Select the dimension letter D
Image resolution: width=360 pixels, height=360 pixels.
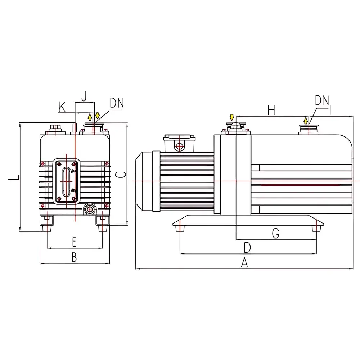(x=247, y=248)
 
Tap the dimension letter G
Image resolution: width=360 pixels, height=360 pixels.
(x=275, y=234)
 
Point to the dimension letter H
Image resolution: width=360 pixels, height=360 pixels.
(x=271, y=111)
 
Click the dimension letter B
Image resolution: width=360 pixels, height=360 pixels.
(x=74, y=257)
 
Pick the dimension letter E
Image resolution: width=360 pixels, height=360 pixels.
(x=74, y=242)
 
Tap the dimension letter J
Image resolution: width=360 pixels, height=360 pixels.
(x=84, y=96)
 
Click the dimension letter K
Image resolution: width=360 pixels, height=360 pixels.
(x=62, y=107)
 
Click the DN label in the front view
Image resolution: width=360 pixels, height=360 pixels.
(x=117, y=104)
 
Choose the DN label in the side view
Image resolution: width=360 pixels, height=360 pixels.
(x=322, y=100)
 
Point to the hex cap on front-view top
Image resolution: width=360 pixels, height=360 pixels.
(x=55, y=128)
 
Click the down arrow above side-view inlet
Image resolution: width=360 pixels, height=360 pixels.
(x=232, y=117)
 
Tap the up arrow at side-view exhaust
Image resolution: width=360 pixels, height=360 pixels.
(x=306, y=121)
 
